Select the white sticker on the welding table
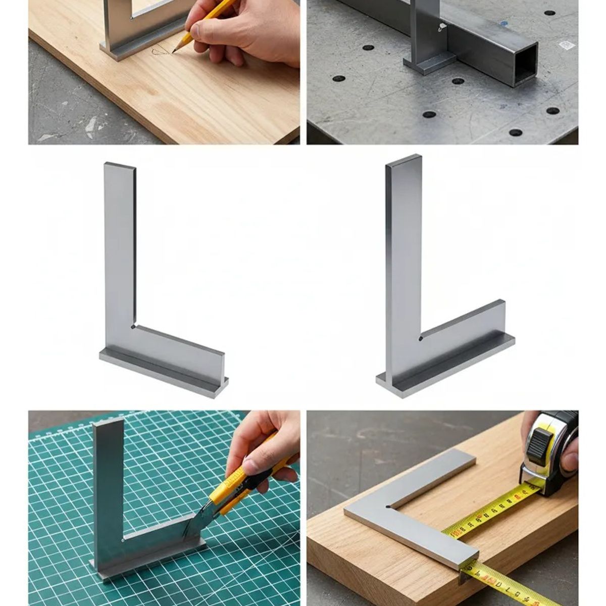(x=567, y=45)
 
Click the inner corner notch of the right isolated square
(x=420, y=338)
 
